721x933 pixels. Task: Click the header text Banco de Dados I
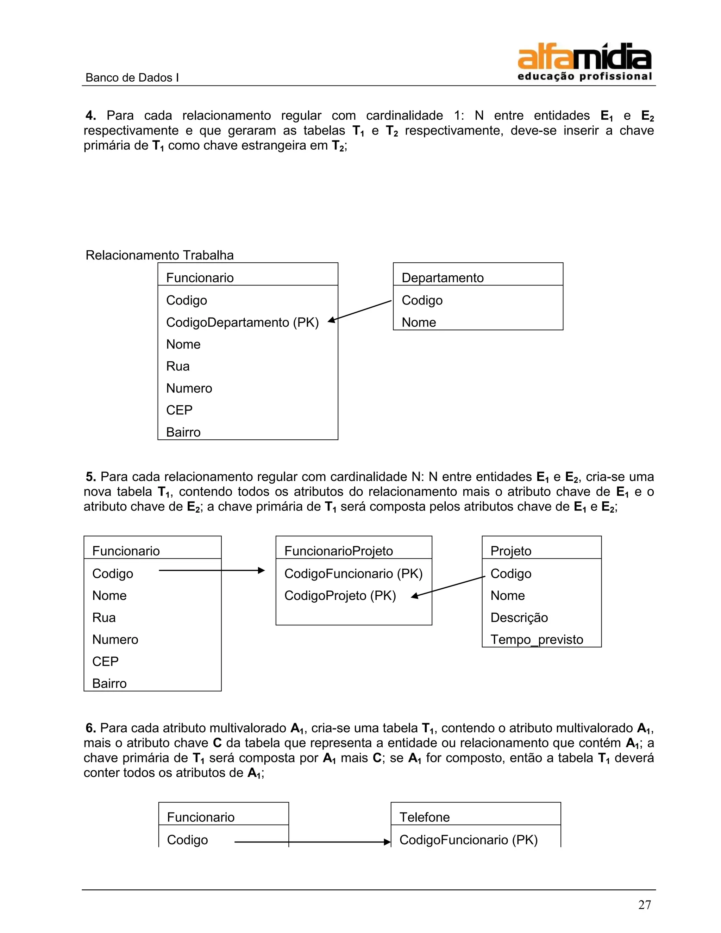tap(132, 78)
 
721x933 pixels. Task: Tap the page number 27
tap(645, 905)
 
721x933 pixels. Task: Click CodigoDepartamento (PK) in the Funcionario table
tap(242, 322)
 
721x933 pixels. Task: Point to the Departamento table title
tap(442, 278)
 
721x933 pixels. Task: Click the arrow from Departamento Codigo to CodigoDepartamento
tap(360, 310)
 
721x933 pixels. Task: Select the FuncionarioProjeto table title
tap(338, 551)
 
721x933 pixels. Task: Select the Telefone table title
tap(424, 817)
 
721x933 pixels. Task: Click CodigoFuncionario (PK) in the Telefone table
tap(468, 840)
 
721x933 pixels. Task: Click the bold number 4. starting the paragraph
tap(90, 115)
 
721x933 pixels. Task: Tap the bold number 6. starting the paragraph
tap(90, 728)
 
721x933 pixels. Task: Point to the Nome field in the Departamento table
tap(419, 322)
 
